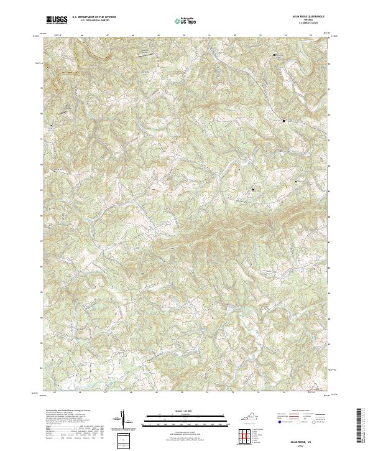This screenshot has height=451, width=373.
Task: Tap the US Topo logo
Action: (186, 21)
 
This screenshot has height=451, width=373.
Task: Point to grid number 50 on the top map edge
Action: (183, 35)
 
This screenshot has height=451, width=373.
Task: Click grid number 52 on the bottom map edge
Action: (233, 393)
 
